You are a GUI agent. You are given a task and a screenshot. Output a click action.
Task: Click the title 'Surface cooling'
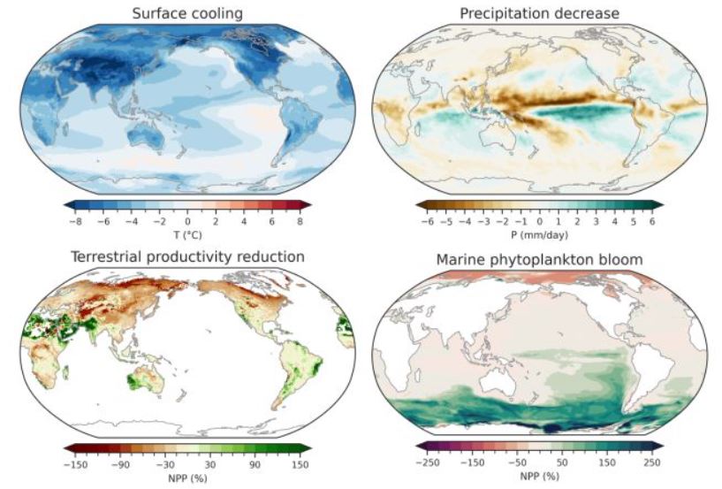pos(187,13)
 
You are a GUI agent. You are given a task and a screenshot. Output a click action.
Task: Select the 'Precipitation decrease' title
pos(539,13)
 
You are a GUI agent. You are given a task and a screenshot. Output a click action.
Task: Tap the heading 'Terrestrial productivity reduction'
pos(187,256)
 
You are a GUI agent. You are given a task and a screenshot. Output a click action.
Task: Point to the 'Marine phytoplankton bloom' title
pos(539,259)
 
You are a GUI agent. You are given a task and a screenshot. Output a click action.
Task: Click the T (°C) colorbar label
pos(187,235)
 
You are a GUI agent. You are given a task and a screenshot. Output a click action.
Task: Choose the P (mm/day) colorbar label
pos(539,235)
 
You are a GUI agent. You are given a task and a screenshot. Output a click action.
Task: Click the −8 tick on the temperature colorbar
pos(75,222)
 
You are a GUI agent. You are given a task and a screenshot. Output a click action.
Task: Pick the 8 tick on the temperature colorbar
pos(300,222)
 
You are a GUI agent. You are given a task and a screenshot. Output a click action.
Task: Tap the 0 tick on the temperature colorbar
pos(188,222)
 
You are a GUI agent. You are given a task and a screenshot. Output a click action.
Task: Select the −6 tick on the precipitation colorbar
pos(428,222)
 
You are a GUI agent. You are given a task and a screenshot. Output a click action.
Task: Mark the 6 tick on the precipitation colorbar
pos(652,222)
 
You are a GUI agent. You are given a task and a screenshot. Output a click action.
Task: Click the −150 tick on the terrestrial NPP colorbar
pos(75,465)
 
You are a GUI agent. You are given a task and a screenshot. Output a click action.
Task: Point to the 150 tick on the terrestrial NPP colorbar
pos(300,465)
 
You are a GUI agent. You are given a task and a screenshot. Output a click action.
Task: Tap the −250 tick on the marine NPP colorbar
pos(428,462)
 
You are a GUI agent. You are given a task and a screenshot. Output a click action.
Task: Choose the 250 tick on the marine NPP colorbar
pos(652,462)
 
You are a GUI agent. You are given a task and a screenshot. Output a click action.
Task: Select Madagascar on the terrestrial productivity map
pos(66,372)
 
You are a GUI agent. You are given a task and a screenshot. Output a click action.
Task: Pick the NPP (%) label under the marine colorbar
pos(539,476)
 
